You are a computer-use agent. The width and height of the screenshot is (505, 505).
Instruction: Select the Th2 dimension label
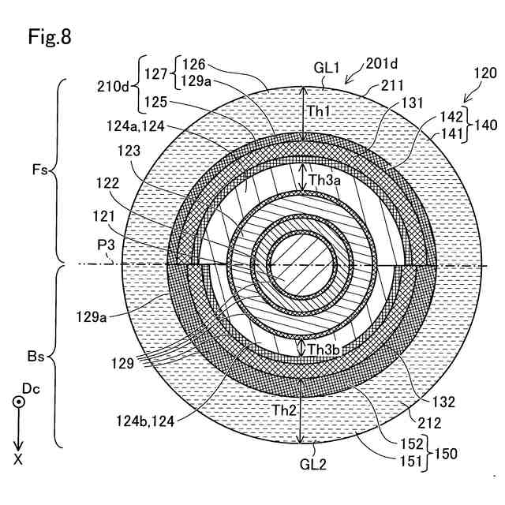click(284, 410)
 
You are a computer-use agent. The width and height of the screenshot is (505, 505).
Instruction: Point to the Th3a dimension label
click(324, 179)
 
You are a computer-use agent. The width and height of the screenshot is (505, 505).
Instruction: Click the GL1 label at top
click(326, 69)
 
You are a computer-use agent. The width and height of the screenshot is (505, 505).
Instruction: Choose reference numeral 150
click(445, 454)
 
